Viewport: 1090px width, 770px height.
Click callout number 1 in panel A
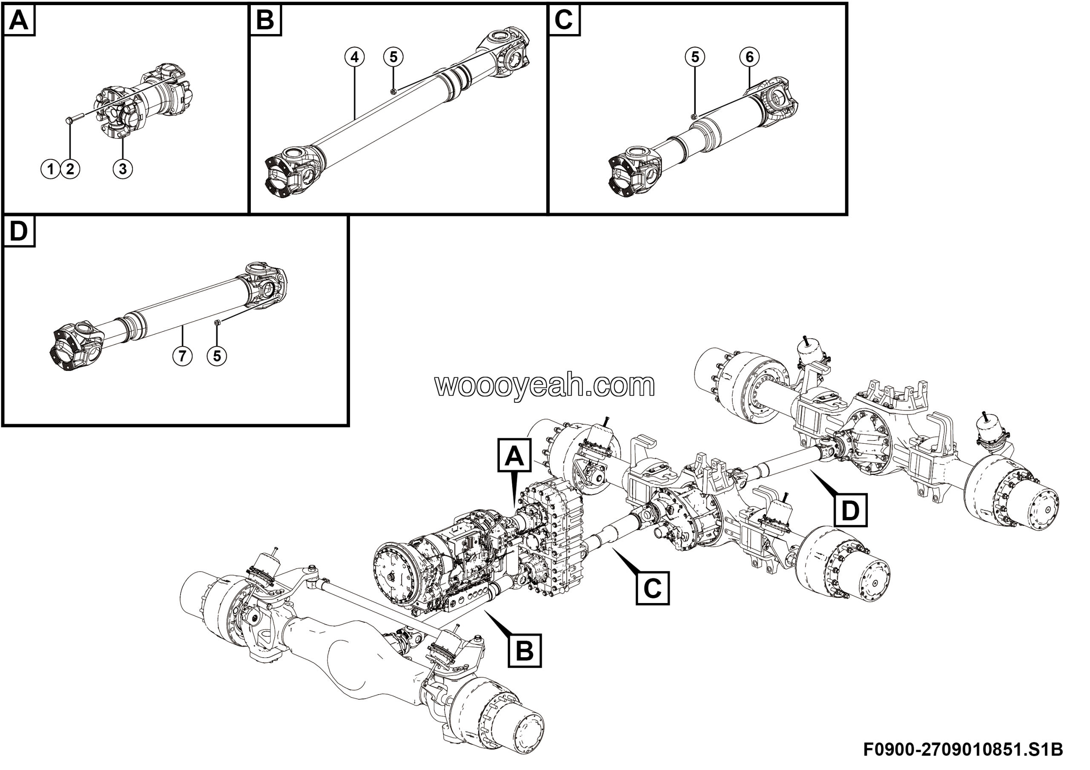51,169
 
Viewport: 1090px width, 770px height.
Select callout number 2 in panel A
70,169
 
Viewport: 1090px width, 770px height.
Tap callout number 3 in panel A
123,169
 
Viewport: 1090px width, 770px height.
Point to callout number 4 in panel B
355,57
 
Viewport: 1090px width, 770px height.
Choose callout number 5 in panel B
393,57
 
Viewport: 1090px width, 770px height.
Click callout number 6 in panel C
750,57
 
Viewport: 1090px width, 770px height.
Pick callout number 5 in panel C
695,57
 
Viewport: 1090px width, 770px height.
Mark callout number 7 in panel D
182,356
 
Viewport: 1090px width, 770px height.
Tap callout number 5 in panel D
217,356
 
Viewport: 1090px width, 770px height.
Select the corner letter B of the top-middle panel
265,21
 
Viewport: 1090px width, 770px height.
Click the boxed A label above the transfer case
514,456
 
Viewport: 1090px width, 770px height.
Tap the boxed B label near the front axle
525,651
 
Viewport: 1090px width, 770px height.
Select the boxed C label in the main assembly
652,589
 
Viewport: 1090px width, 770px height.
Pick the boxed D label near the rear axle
850,511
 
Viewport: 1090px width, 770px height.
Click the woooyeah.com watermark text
545,385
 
